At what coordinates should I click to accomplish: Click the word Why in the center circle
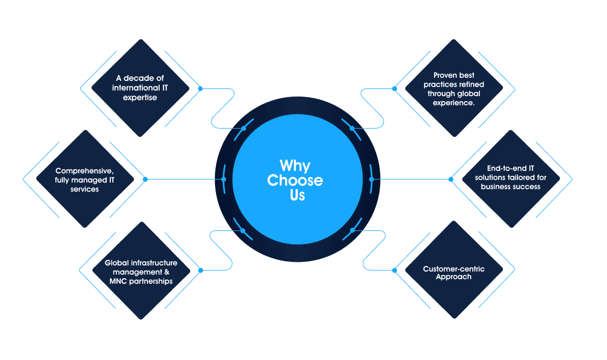[x=295, y=166]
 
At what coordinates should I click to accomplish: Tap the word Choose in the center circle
[x=295, y=180]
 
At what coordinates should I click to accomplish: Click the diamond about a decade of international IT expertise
[x=140, y=88]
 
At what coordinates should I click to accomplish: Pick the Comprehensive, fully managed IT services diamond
[x=84, y=179]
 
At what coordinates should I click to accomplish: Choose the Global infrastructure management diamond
[x=141, y=271]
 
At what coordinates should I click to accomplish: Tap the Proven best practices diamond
[x=453, y=88]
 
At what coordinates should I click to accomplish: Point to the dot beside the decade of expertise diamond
[x=200, y=88]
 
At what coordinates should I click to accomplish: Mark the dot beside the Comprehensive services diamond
[x=145, y=179]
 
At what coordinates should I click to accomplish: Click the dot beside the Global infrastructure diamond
[x=200, y=271]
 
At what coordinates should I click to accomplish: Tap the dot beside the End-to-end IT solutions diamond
[x=450, y=179]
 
